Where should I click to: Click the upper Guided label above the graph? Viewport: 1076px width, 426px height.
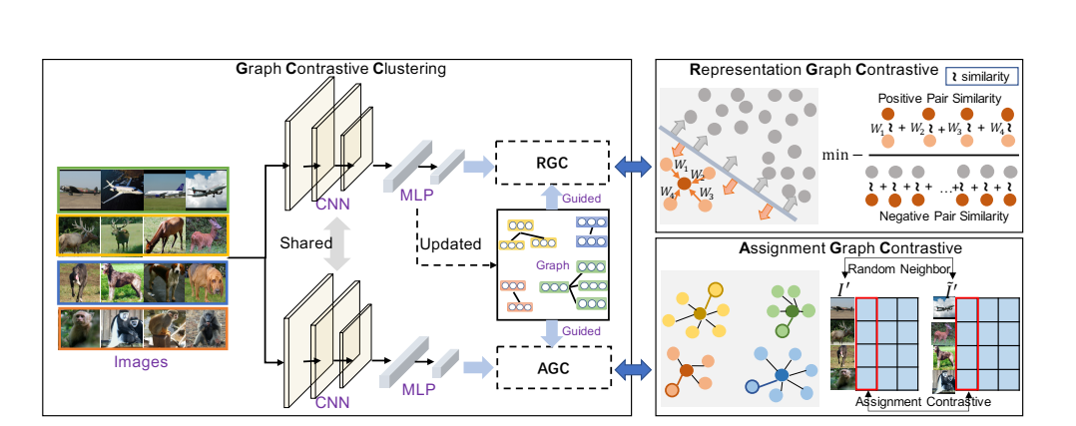pos(580,200)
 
